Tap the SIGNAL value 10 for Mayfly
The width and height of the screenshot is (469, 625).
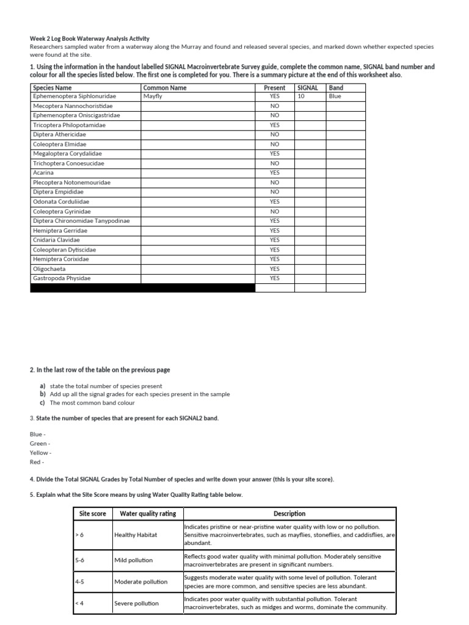pyautogui.click(x=301, y=96)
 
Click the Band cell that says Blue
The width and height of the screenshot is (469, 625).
pyautogui.click(x=335, y=96)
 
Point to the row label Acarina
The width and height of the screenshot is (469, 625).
pyautogui.click(x=43, y=173)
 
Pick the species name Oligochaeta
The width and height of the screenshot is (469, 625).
pyautogui.click(x=49, y=269)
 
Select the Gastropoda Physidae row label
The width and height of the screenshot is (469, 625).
pyautogui.click(x=62, y=278)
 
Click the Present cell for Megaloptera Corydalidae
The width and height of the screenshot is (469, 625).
pyautogui.click(x=274, y=154)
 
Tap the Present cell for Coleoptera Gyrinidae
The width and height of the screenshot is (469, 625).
pyautogui.click(x=274, y=211)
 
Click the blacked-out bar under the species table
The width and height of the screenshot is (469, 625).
pyautogui.click(x=142, y=288)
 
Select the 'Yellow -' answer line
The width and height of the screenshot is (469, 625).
pyautogui.click(x=41, y=453)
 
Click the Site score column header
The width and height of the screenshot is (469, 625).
pyautogui.click(x=93, y=514)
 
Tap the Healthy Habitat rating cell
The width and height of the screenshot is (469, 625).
pyautogui.click(x=136, y=535)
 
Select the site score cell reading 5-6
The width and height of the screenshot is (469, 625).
pyautogui.click(x=80, y=560)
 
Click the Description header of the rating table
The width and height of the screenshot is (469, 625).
pyautogui.click(x=289, y=514)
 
